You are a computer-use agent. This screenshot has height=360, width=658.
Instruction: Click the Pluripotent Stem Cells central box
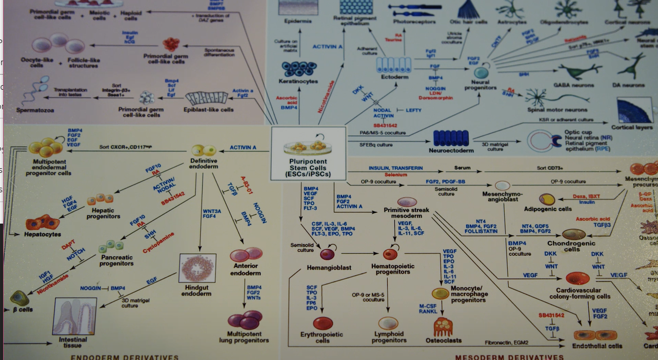(308, 153)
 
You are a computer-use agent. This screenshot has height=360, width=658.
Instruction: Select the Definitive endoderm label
(203, 164)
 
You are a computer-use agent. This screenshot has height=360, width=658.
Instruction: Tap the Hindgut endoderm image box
(197, 268)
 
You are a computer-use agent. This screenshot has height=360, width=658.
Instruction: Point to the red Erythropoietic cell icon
(323, 323)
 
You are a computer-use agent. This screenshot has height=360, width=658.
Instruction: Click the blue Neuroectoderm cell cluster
(451, 138)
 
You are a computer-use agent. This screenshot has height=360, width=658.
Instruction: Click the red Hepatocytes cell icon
(43, 223)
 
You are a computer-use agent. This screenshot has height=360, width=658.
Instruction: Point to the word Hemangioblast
(329, 268)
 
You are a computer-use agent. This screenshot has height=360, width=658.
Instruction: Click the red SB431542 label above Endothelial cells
(551, 315)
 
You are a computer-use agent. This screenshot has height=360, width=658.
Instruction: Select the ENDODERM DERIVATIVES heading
(124, 357)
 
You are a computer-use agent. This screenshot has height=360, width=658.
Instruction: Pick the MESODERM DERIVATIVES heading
(509, 357)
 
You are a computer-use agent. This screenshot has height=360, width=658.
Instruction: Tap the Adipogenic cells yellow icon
(547, 199)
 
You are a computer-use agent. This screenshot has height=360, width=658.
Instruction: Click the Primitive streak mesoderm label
(406, 213)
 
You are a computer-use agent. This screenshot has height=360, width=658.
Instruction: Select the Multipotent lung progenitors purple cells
(245, 319)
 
